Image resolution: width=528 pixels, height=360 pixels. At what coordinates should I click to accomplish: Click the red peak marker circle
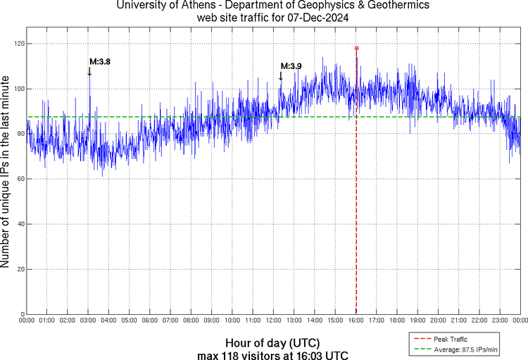356,48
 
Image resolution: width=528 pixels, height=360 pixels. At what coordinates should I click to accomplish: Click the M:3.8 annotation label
99,61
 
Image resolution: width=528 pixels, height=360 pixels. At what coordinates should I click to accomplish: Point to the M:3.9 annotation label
291,66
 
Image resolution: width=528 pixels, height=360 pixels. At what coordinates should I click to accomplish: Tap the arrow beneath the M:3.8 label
89,71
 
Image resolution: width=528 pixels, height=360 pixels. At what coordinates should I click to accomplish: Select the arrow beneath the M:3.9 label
281,76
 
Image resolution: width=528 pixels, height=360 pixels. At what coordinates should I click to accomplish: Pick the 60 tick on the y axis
20,179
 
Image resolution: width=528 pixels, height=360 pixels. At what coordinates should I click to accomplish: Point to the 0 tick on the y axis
22,314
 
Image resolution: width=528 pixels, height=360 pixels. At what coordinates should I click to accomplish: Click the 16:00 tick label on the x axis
356,321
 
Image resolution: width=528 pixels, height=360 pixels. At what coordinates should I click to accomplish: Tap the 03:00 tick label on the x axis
88,321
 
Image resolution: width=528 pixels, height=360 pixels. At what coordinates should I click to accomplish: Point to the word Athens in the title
187,6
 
